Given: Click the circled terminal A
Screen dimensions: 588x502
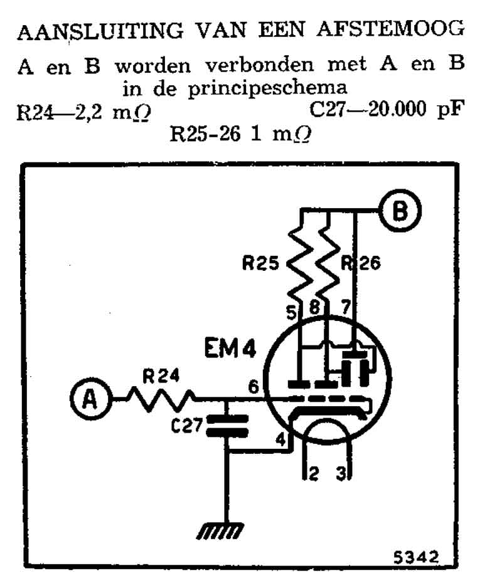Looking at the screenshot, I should pos(90,398).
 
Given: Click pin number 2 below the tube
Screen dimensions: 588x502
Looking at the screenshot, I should pos(313,475).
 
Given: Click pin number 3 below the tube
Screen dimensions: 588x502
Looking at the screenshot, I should pos(342,475).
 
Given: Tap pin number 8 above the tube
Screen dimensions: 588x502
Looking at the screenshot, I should pos(314,308).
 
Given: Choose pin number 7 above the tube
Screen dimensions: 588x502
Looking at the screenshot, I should pos(344,308).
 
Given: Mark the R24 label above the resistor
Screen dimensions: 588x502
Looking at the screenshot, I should pos(161,377).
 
